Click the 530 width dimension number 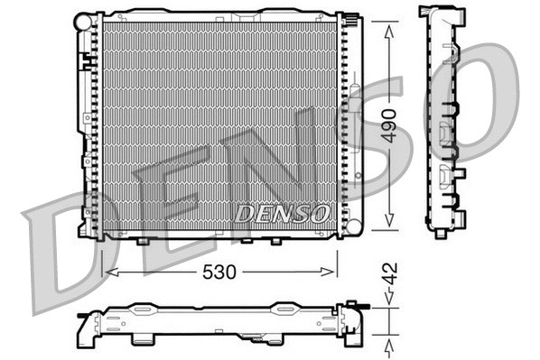point(220,272)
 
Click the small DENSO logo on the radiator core point(283,213)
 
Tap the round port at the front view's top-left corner point(83,19)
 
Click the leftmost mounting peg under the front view point(142,242)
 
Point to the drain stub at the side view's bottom point(441,233)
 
